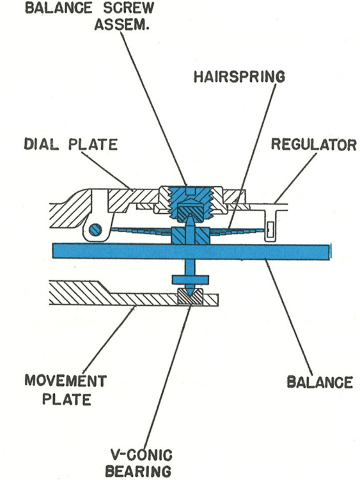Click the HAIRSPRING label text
(x=239, y=77)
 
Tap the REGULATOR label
(x=314, y=145)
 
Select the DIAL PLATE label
(x=70, y=144)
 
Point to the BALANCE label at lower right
(x=320, y=382)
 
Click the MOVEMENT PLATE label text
(x=65, y=390)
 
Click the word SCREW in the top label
(x=129, y=8)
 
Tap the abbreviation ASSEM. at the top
(x=121, y=24)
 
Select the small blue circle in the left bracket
(x=96, y=229)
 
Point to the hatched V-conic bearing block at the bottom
(x=190, y=296)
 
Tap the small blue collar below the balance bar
(x=191, y=279)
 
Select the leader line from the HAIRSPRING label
(x=253, y=156)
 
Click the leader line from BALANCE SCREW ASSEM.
(x=153, y=108)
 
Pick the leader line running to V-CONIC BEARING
(x=168, y=377)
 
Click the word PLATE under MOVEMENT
(x=67, y=399)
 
